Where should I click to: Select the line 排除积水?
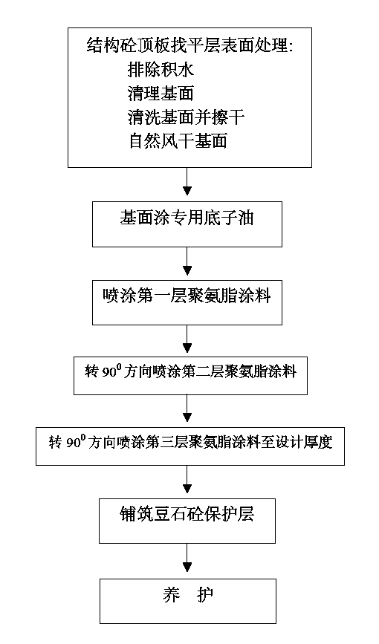161,71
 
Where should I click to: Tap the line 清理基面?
161,94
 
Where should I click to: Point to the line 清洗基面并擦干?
186,117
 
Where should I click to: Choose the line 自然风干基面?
178,141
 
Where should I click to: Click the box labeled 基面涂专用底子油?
187,224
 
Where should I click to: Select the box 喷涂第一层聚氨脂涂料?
187,303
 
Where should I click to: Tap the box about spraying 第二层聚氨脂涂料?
190,376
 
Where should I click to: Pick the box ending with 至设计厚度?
190,446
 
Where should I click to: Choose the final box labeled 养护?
187,601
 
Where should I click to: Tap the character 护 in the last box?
204,595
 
